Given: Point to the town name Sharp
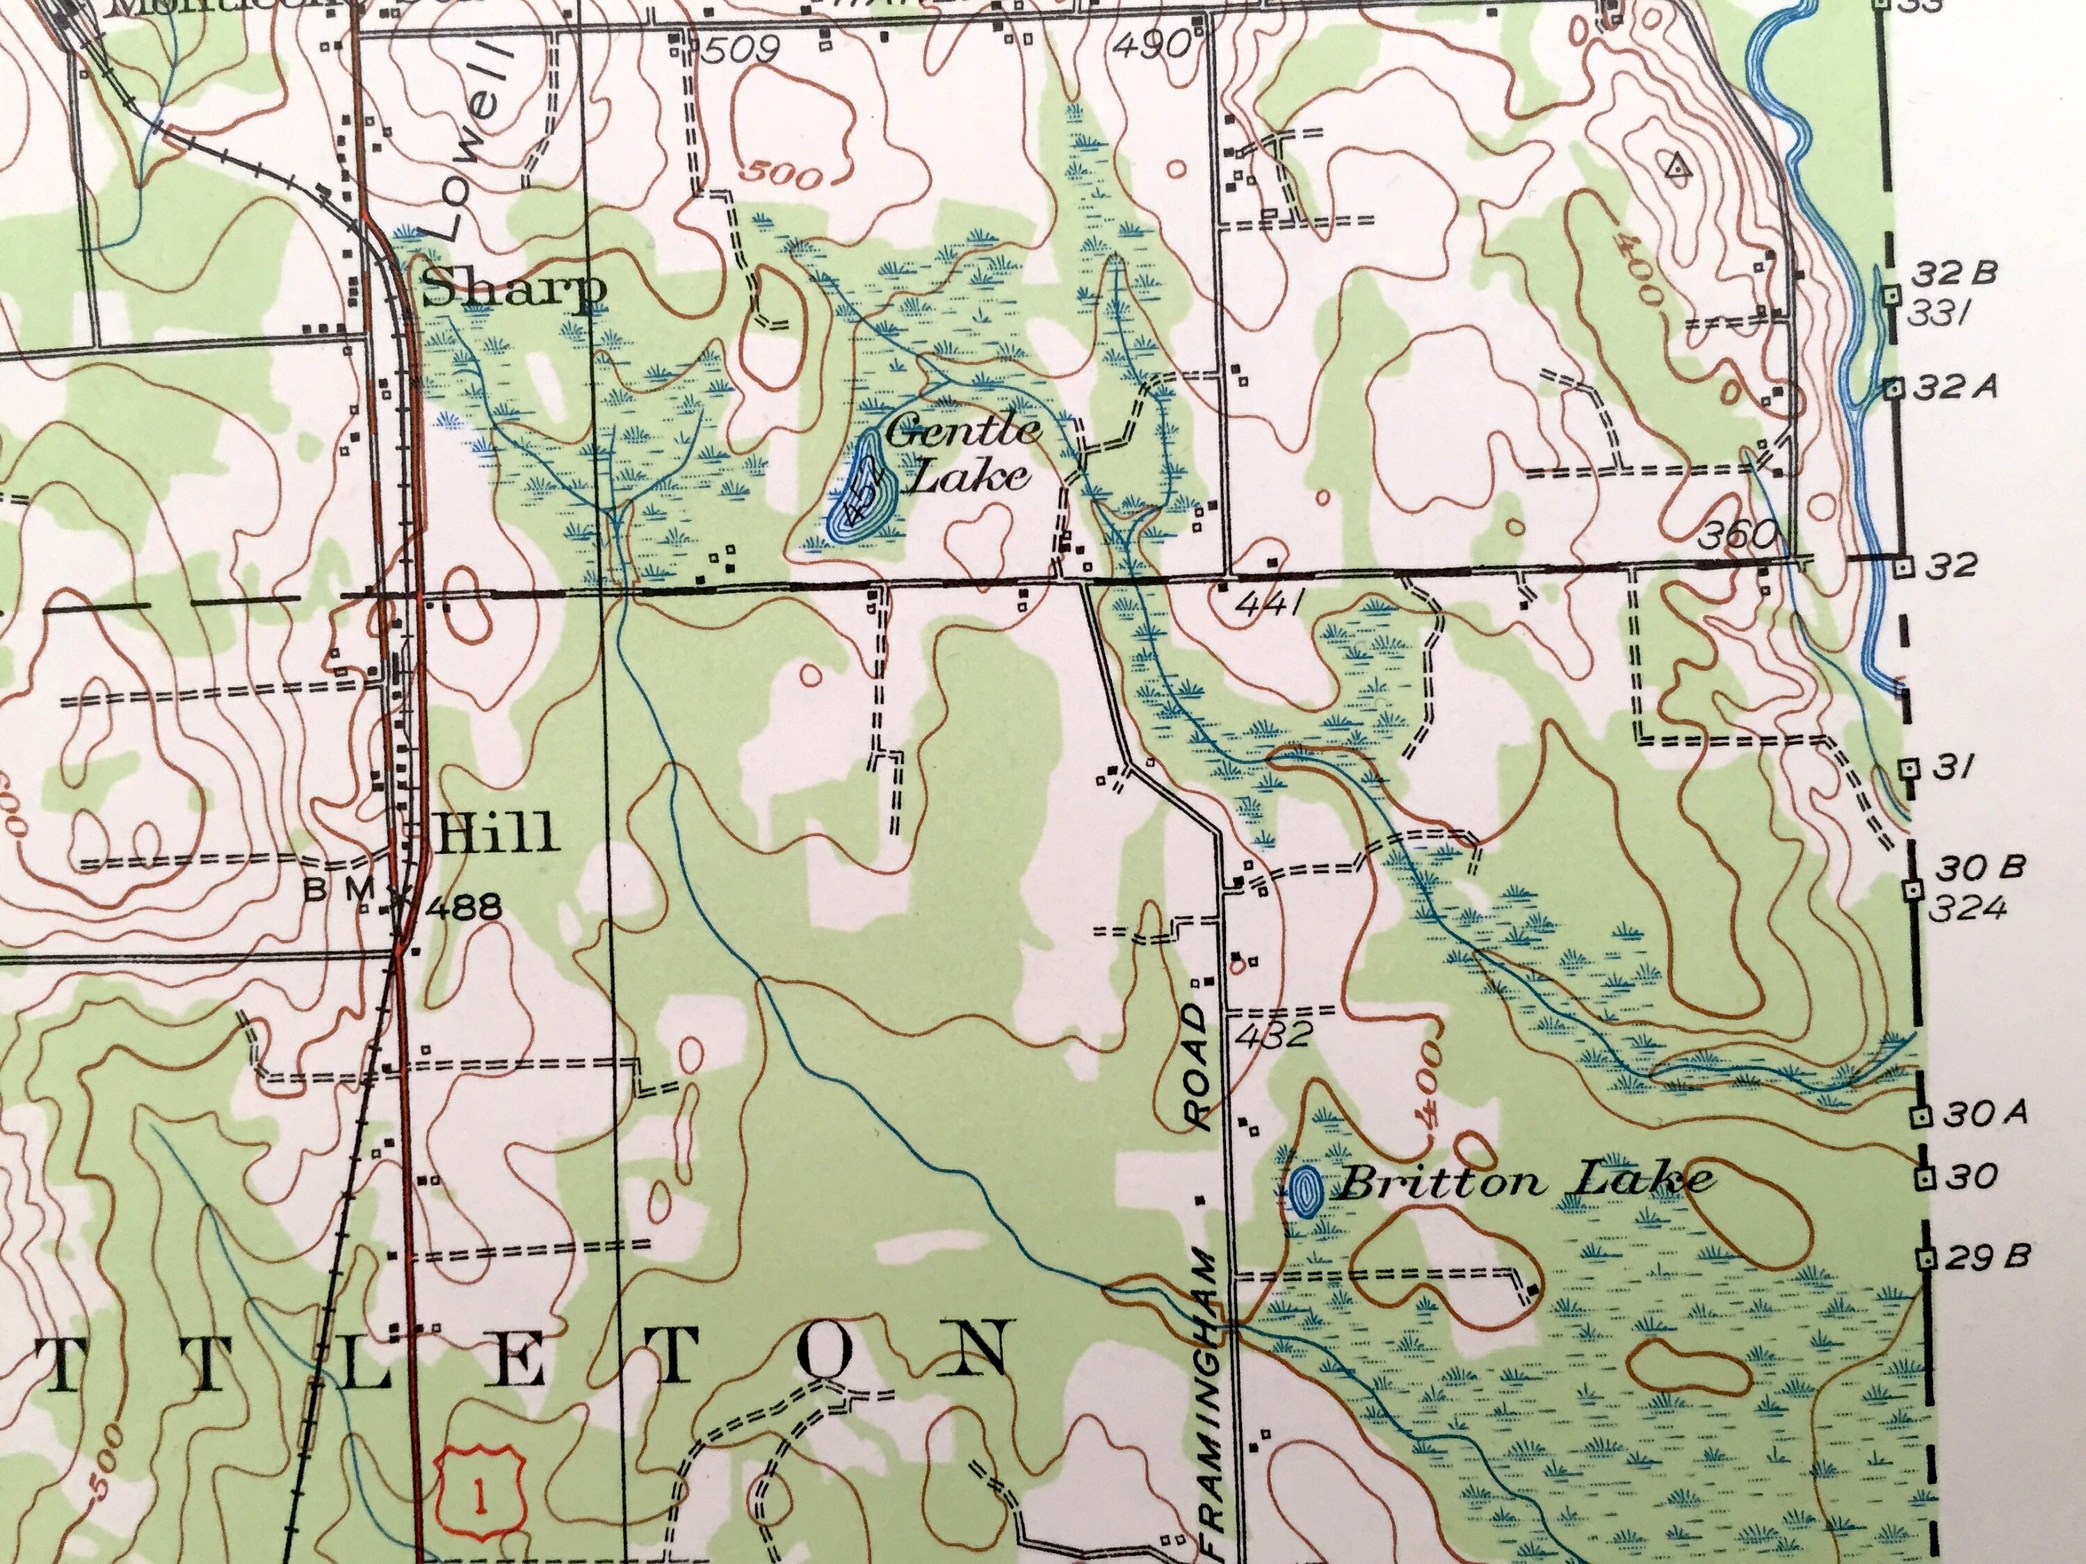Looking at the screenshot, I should (513, 291).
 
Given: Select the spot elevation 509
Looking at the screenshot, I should (741, 49).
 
